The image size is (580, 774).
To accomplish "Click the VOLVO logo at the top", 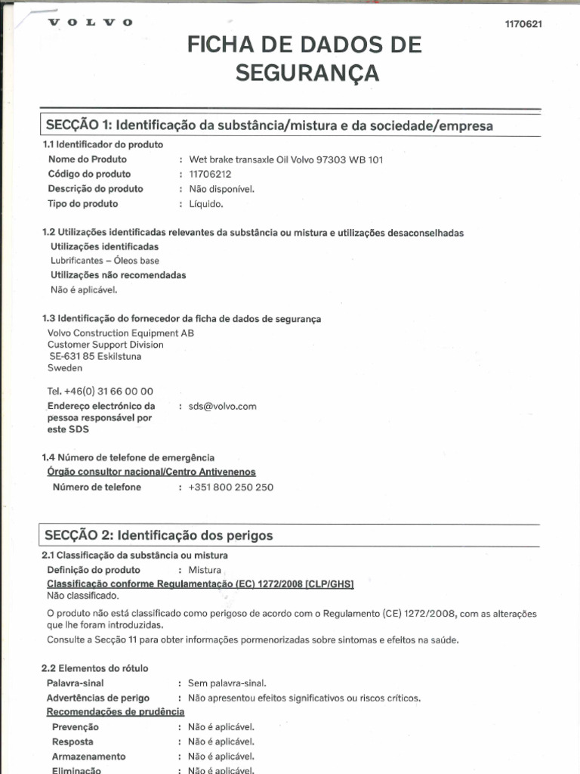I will click(x=90, y=23).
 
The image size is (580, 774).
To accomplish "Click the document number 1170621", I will click(x=523, y=24).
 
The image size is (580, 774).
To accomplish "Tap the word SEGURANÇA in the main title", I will click(x=306, y=73).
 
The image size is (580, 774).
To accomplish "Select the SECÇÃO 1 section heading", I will click(x=269, y=125).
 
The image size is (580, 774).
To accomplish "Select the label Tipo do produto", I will click(x=83, y=204).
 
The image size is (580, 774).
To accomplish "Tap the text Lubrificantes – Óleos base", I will click(x=105, y=261).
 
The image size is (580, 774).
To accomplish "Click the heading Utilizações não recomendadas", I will click(x=118, y=275).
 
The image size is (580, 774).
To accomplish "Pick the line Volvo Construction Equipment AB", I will click(x=121, y=333).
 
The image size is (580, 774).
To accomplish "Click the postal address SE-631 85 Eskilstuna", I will click(x=95, y=356).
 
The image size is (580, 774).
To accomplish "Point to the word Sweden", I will click(x=65, y=368).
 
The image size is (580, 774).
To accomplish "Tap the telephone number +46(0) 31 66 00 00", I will click(x=100, y=392).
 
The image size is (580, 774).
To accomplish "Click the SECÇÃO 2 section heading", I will click(x=159, y=535).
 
